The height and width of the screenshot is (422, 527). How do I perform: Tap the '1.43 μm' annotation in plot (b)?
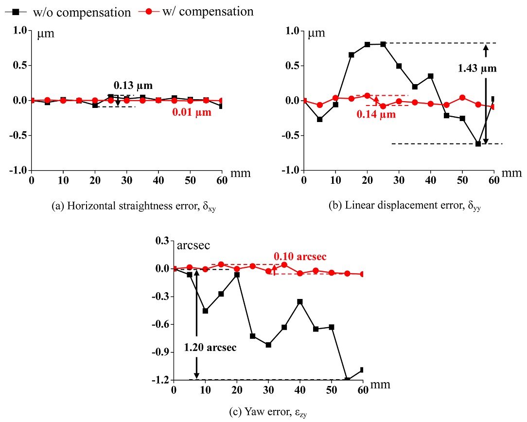click(477, 69)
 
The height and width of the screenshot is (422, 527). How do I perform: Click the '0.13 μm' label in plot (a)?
click(133, 86)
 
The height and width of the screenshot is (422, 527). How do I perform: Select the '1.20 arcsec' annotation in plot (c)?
click(210, 348)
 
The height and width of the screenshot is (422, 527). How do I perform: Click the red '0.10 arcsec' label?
click(299, 256)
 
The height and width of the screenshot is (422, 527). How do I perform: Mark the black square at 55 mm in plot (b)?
click(478, 144)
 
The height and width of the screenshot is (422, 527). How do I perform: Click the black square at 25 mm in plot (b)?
click(383, 44)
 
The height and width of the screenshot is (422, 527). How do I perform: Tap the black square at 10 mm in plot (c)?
click(205, 311)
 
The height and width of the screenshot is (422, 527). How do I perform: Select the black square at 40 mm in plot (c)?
click(300, 302)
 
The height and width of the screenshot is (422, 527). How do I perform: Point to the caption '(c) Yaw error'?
click(268, 413)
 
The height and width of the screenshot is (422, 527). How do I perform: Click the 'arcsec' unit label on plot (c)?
click(193, 246)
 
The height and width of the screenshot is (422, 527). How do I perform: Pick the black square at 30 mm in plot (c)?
click(268, 345)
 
